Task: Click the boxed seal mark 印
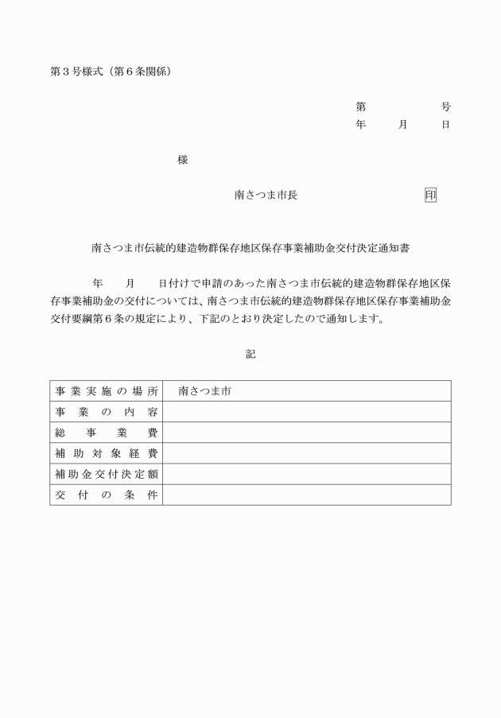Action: click(430, 195)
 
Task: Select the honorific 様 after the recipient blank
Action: click(182, 160)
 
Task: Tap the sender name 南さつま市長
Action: click(266, 195)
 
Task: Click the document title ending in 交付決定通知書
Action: click(250, 248)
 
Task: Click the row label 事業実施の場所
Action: click(107, 391)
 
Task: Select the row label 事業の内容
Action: click(107, 412)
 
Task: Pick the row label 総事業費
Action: click(107, 433)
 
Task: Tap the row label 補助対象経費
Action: click(107, 453)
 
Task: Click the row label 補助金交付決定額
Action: click(107, 474)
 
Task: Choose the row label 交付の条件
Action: click(107, 495)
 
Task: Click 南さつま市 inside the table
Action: click(204, 391)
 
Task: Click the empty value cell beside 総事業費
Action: click(306, 433)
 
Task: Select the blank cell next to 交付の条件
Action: click(306, 495)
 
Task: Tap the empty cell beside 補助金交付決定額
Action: click(306, 474)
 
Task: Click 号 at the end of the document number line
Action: click(445, 107)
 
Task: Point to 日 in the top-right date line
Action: click(445, 125)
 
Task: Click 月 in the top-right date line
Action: click(403, 125)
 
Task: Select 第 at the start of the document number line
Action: click(360, 107)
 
